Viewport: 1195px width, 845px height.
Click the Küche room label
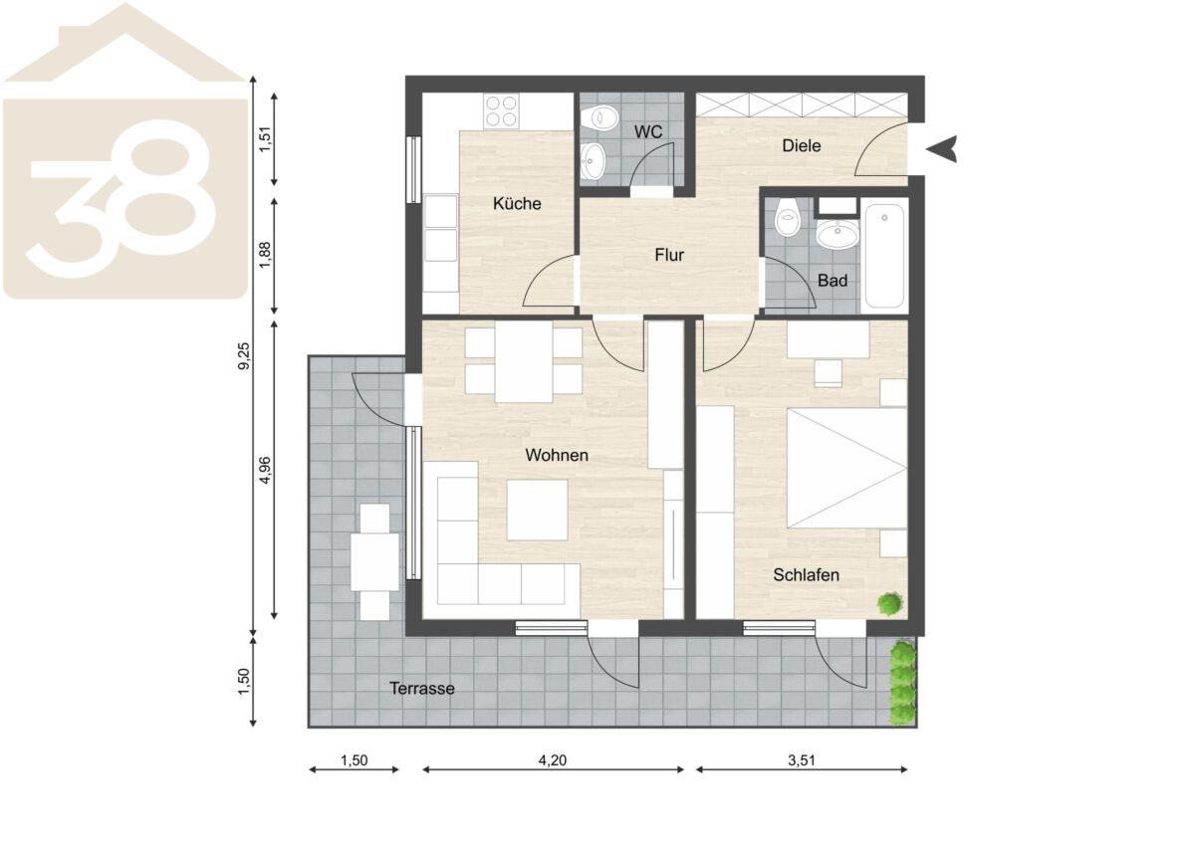click(517, 203)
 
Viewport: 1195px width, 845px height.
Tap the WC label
click(648, 131)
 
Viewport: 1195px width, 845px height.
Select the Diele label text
click(802, 145)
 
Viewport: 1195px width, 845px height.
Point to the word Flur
click(669, 255)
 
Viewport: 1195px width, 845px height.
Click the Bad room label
click(833, 281)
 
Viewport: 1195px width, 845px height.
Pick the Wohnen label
click(557, 455)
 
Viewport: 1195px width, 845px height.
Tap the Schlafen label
click(806, 574)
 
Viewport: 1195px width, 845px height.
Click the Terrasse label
click(421, 689)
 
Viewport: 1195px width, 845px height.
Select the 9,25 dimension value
click(243, 356)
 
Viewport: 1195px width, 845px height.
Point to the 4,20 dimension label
click(552, 760)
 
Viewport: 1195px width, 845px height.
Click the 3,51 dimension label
click(802, 760)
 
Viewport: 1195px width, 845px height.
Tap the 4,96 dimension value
click(265, 471)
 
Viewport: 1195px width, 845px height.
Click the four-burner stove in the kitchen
click(501, 110)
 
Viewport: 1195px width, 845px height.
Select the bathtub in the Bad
click(884, 257)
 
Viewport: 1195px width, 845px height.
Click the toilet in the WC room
click(599, 117)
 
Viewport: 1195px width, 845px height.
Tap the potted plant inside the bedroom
click(890, 604)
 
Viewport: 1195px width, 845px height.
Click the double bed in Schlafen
click(847, 468)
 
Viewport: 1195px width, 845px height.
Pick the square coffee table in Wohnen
click(537, 511)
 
